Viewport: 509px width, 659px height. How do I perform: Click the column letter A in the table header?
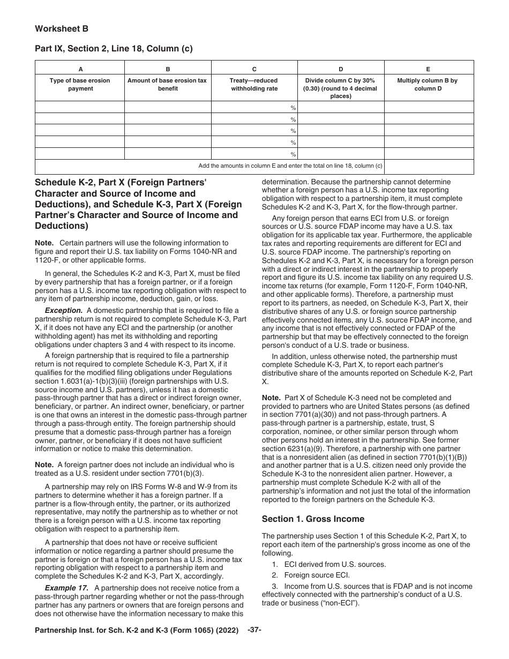(x=80, y=69)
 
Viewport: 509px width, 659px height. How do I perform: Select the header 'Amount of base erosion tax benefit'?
(x=168, y=85)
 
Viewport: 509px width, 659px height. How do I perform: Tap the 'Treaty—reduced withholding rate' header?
(x=254, y=85)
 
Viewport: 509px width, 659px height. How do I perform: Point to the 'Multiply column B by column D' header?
(x=427, y=85)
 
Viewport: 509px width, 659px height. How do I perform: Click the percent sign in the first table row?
(x=293, y=108)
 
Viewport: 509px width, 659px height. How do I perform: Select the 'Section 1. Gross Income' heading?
(x=313, y=519)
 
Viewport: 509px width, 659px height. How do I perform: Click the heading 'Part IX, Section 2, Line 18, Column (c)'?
(x=114, y=49)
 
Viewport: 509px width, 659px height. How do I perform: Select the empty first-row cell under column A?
(x=80, y=108)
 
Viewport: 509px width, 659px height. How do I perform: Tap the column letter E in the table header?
(x=428, y=69)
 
